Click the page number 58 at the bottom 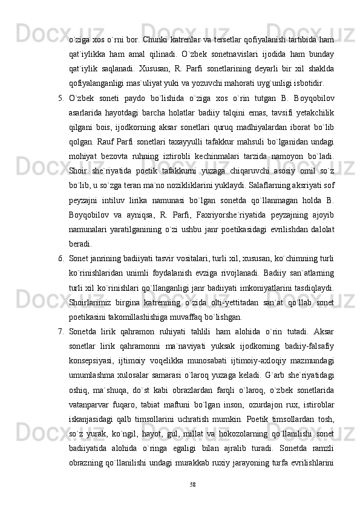[192, 484]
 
